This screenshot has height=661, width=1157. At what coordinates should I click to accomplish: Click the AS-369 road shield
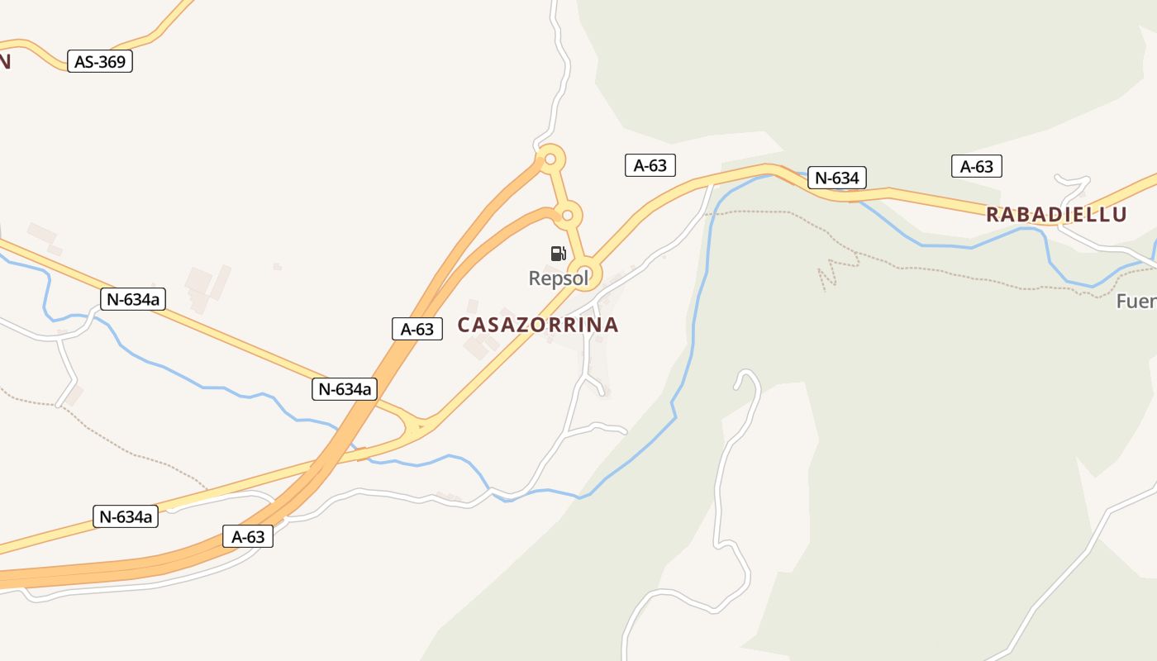(x=100, y=61)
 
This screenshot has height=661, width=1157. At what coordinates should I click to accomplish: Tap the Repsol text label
(x=559, y=278)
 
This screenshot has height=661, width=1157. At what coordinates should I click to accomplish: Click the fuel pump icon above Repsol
(x=558, y=254)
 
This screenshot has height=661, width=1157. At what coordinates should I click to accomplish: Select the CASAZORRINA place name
(x=538, y=325)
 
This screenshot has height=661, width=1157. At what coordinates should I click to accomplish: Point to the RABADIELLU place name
(x=1056, y=215)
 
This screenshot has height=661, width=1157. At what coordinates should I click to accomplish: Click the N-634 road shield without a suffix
(x=837, y=178)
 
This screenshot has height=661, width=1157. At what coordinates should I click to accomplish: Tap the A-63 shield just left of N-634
(x=650, y=165)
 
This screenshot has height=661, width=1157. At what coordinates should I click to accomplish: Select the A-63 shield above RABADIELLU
(x=976, y=166)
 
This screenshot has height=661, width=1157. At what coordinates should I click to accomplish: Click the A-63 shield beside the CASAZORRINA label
(x=417, y=329)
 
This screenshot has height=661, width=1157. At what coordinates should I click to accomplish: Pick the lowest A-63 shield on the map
(x=248, y=537)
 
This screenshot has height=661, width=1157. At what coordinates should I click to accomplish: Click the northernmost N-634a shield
(x=133, y=299)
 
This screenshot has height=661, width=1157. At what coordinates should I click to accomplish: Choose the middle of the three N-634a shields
(x=345, y=388)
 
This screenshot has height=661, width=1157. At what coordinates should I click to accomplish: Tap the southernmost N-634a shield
(x=126, y=517)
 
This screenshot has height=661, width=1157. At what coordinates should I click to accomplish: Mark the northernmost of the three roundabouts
(x=550, y=158)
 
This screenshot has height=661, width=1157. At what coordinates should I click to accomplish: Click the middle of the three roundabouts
(x=567, y=216)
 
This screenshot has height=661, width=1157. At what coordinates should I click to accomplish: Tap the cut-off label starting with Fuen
(x=1136, y=302)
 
